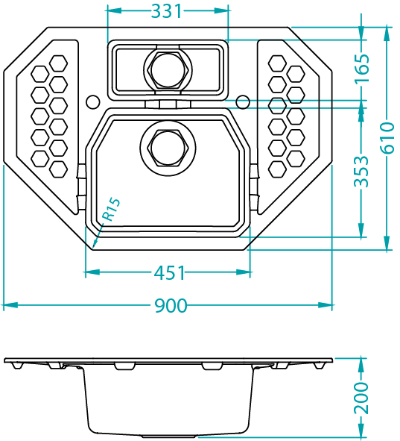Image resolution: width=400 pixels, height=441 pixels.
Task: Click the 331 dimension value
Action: click(167, 11)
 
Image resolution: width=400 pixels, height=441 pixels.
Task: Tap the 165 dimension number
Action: click(361, 68)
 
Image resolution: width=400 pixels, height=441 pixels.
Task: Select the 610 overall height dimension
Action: click(387, 138)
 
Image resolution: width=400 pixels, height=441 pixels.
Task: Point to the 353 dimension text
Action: click(361, 172)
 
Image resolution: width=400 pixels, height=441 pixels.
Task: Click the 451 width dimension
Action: click(170, 272)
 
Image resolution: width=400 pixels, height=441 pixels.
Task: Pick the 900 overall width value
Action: click(171, 306)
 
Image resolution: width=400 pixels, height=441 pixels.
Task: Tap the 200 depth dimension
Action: click(361, 398)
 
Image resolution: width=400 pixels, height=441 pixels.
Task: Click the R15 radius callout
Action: click(111, 209)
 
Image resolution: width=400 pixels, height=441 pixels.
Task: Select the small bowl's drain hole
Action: click(168, 70)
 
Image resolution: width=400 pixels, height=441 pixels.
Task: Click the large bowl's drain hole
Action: click(168, 148)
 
